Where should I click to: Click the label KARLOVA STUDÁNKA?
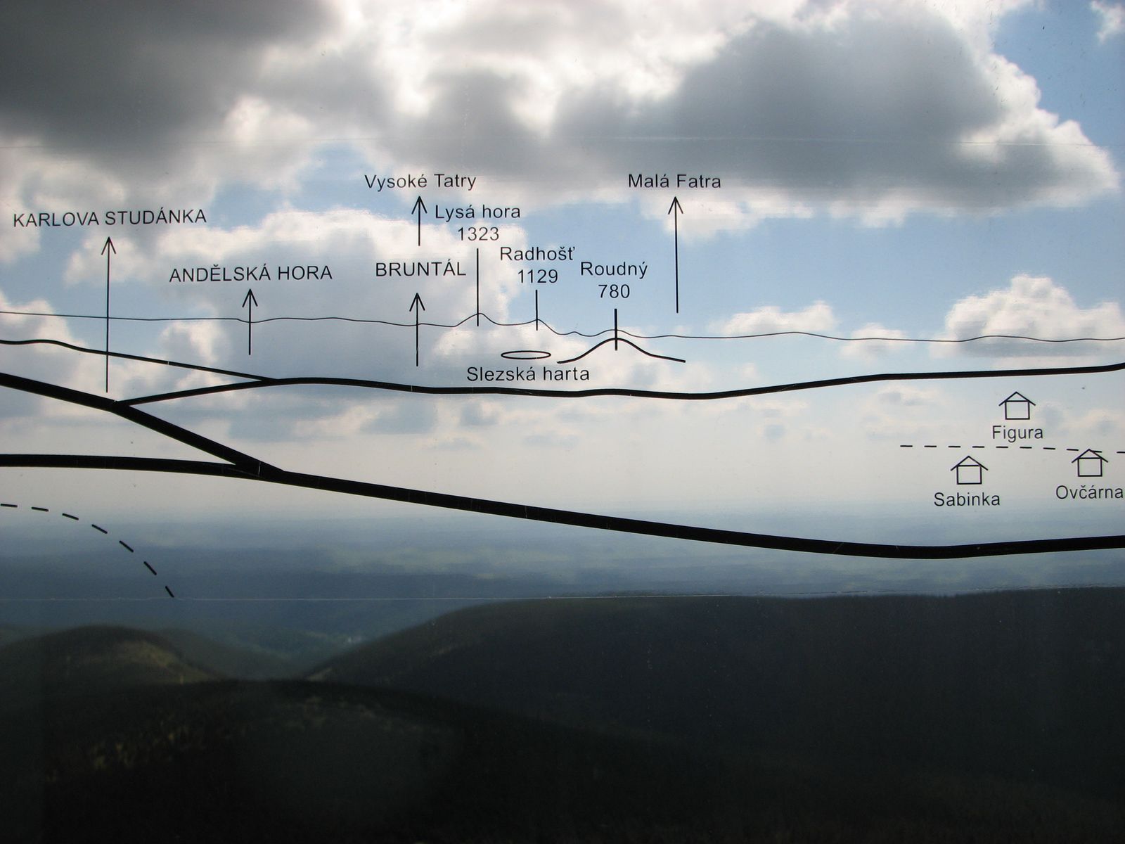pos(110,218)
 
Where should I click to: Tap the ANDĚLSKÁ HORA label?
pos(250,274)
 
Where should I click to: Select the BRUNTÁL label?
pos(420,269)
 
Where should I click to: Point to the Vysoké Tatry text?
pos(420,182)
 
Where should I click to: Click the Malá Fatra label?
pos(674,181)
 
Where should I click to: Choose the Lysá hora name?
pos(477,212)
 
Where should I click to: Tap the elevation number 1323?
pos(477,234)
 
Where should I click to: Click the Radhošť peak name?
pos(538,254)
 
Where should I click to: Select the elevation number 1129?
pos(537,276)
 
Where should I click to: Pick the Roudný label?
pos(614,270)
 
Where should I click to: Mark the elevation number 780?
pos(614,292)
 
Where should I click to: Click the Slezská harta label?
pos(528,374)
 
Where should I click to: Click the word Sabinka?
pos(967,499)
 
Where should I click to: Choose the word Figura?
pos(1017,433)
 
